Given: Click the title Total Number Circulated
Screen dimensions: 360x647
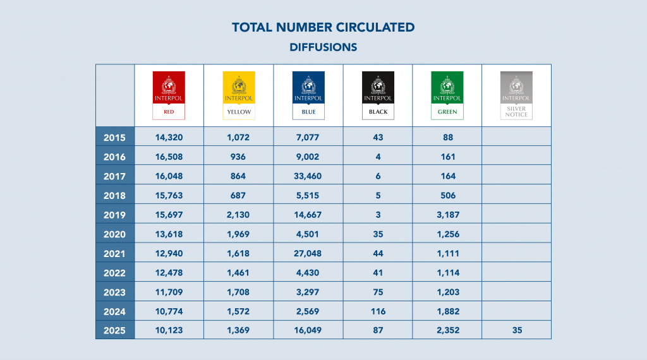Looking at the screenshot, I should pos(323,27).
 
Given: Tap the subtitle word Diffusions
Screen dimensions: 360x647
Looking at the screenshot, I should pos(323,47).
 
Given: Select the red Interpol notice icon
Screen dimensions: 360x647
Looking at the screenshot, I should pos(169,95).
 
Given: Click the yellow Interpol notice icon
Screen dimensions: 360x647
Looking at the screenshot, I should pos(238,95).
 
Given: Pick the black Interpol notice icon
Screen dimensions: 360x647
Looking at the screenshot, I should pos(378,95).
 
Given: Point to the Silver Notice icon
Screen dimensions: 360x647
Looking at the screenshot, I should pos(516,95).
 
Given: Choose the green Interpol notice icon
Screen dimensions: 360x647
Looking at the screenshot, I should pos(447,95).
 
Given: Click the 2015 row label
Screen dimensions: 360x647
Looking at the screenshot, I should pos(114,137).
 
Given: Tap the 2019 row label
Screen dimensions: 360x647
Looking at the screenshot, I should pos(114,215).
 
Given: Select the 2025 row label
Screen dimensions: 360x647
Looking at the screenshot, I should pos(114,330).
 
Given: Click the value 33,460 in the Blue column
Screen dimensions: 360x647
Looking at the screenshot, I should pos(308,176).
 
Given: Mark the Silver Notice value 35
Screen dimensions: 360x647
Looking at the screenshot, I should pos(516,330).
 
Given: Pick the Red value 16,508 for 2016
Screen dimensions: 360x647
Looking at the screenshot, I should pos(169,157).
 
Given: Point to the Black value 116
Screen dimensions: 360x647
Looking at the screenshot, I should pos(378,311).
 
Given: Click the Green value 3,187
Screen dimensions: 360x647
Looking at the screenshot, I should pos(447,215).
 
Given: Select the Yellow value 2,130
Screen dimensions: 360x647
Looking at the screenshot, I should pos(238,215).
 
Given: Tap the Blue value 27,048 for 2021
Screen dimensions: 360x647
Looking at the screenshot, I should pos(308,253).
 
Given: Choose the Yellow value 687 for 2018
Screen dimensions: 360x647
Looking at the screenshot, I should pos(238,195).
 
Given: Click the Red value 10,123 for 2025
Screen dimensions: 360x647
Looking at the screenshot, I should pos(169,330).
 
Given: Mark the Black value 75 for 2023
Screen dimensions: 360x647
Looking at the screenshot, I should pos(378,292).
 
